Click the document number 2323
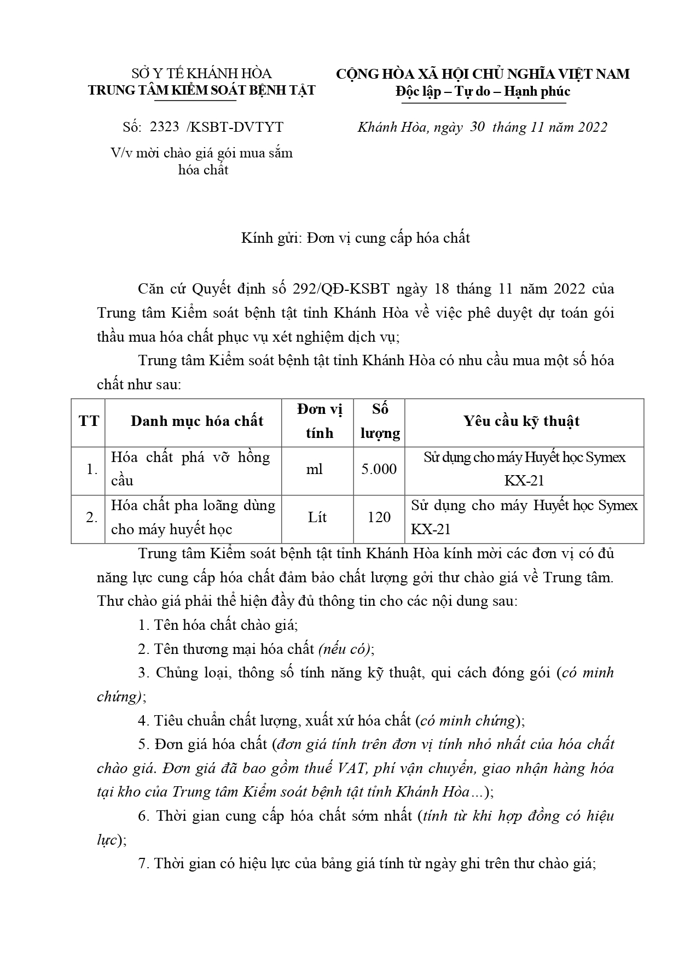[x=164, y=127]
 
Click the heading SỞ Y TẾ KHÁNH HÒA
[x=201, y=74]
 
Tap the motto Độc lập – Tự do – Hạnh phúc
[x=483, y=91]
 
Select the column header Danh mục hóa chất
[x=197, y=421]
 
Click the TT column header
[x=89, y=421]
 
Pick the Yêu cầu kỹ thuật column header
[x=521, y=421]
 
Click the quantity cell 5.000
[x=379, y=469]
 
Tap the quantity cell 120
[x=379, y=517]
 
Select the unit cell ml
[x=315, y=469]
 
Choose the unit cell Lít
[x=317, y=517]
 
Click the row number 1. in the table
[x=92, y=469]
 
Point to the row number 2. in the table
[x=92, y=517]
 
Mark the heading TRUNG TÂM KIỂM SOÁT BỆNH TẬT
[x=201, y=91]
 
